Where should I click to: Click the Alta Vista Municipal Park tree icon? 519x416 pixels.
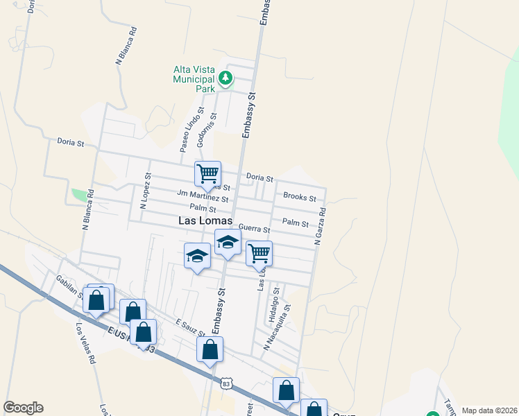pos(225,79)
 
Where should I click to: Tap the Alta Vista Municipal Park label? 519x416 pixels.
pos(195,79)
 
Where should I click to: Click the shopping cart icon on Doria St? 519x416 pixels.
pos(208,173)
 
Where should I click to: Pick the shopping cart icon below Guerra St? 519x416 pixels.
pos(259,254)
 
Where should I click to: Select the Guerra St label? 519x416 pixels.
pos(253,228)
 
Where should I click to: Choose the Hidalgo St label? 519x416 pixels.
pos(273,305)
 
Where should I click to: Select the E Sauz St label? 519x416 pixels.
pos(190,327)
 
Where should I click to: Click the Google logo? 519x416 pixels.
pos(24,408)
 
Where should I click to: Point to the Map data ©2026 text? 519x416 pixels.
pos(488,410)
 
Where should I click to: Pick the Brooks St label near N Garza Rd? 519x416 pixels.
pos(300,197)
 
